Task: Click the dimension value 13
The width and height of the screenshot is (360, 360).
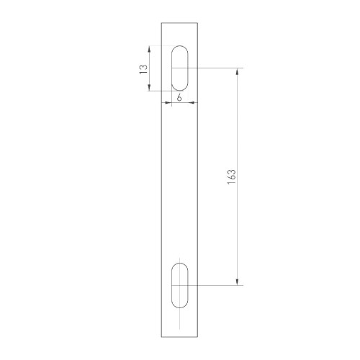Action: click(143, 68)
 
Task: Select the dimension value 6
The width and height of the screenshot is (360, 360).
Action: click(178, 97)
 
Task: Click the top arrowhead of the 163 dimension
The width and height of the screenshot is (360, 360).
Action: click(237, 70)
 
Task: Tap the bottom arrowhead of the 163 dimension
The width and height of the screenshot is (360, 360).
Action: click(237, 284)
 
